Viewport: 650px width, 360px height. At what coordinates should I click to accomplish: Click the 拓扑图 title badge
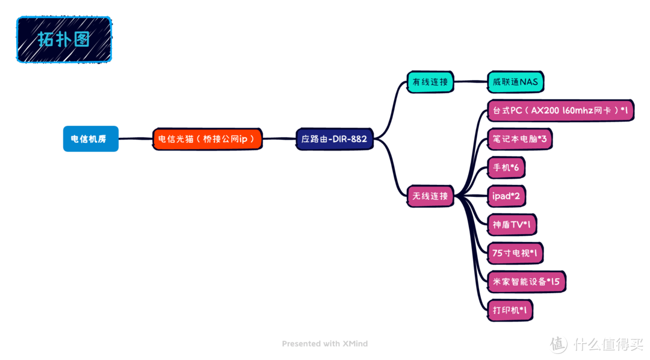[64, 40]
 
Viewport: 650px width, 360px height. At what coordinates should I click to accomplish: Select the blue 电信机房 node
[90, 139]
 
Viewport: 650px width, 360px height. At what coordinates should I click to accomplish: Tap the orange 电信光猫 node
[207, 139]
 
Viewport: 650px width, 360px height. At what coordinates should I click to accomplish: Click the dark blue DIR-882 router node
[334, 139]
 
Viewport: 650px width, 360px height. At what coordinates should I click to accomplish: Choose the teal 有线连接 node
[430, 82]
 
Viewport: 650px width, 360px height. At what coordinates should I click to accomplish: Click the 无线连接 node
[430, 196]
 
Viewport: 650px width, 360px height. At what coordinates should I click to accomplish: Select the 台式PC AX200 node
[560, 111]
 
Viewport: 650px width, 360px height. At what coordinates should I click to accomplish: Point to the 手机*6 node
[506, 167]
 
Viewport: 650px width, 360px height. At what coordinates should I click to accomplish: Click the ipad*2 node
[506, 196]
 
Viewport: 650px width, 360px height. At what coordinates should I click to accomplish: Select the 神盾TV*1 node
[511, 225]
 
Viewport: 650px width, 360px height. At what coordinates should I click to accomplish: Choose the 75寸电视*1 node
[515, 253]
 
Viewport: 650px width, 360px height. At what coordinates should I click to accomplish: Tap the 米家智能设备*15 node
[526, 281]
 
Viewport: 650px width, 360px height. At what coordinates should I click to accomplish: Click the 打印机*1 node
[510, 310]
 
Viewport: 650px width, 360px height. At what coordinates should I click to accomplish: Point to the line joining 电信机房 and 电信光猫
[135, 139]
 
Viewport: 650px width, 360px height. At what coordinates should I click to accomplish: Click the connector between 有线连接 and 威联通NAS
[470, 82]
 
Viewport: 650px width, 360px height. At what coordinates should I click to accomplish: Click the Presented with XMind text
[324, 344]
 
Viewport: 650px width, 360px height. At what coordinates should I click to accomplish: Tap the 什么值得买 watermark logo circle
[559, 344]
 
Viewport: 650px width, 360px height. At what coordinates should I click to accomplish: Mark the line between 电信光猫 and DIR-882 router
[279, 139]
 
